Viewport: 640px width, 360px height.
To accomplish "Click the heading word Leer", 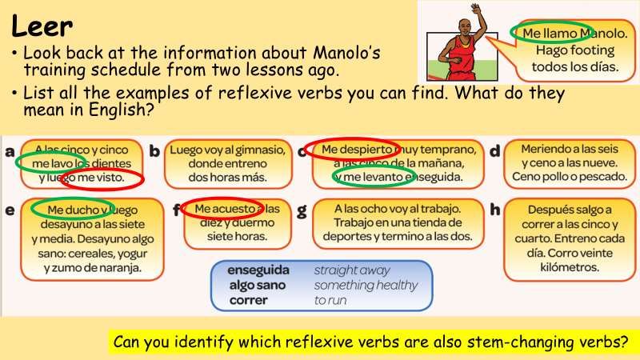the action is [42, 26].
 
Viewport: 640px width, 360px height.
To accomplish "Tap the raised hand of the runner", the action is [476, 10].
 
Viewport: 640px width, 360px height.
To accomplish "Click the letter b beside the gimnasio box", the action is [154, 151].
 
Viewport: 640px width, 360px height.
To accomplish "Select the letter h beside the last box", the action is [494, 210].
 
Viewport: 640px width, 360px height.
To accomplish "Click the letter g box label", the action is [302, 211].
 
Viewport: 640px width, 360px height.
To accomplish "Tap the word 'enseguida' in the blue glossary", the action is [258, 270].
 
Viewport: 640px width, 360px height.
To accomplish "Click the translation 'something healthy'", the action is [366, 285].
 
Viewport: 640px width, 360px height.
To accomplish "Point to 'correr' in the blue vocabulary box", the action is [249, 300].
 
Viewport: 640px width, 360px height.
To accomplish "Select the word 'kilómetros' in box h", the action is [570, 267].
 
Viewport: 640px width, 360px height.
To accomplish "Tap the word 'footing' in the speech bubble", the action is [594, 50].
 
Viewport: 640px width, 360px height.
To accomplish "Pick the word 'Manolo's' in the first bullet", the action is [346, 53].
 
